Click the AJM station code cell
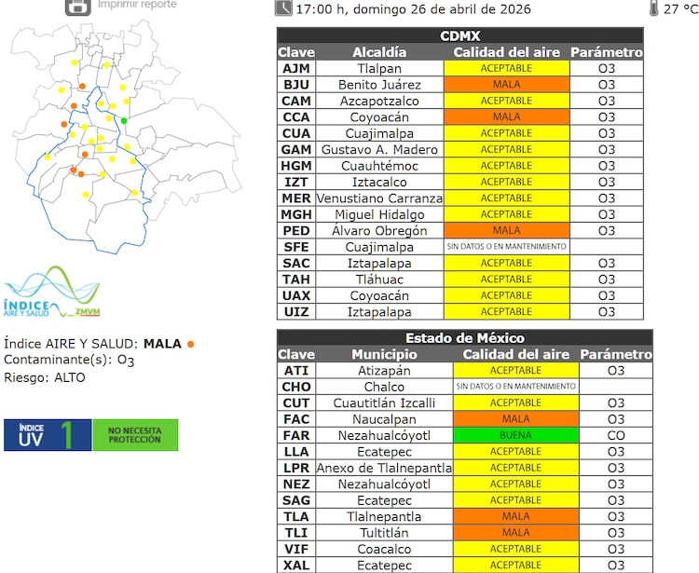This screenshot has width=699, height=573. click(295, 68)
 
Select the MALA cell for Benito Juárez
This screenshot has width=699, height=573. click(506, 85)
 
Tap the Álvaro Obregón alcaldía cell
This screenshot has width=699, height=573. click(379, 231)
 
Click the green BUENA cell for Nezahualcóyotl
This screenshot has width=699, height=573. click(515, 435)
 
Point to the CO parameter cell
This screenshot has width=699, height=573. click(615, 435)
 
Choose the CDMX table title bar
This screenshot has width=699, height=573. click(460, 35)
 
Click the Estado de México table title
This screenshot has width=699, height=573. click(464, 337)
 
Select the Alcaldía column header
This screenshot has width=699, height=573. click(379, 52)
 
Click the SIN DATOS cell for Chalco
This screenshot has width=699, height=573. click(515, 386)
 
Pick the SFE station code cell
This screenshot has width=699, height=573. click(295, 247)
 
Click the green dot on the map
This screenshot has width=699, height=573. click(124, 120)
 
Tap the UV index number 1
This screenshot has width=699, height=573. click(66, 434)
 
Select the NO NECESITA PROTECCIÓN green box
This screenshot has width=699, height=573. click(135, 434)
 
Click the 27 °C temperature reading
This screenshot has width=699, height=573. click(674, 9)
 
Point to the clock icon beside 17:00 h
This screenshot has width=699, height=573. click(283, 8)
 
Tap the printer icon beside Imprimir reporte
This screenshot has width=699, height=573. click(78, 6)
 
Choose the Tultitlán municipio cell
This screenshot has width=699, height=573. click(384, 533)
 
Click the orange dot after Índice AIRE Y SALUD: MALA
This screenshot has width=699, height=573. click(191, 344)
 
